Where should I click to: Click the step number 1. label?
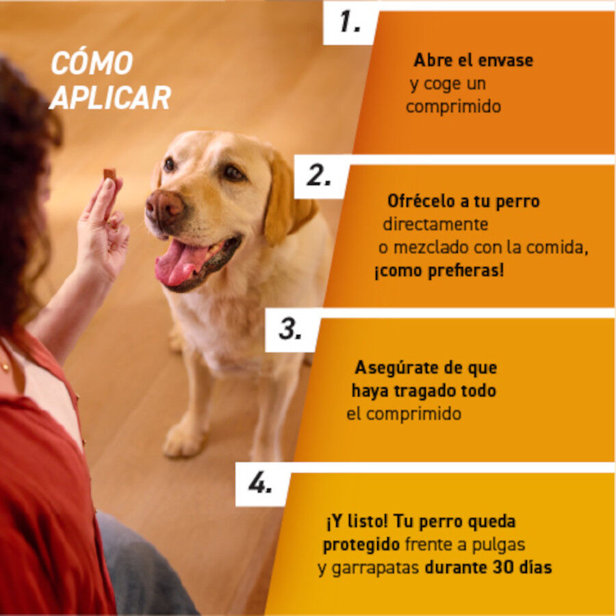(x=350, y=23)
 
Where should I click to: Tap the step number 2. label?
(x=319, y=176)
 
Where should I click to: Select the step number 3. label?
(x=290, y=330)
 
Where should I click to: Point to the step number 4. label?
(x=260, y=484)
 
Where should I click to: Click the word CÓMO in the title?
(x=92, y=64)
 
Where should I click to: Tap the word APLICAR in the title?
(x=110, y=98)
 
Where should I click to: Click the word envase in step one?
(x=505, y=60)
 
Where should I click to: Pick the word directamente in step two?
(x=435, y=224)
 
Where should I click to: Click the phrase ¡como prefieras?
(x=439, y=270)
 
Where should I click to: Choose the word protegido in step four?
(x=361, y=546)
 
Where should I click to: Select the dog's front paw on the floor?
(x=183, y=439)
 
